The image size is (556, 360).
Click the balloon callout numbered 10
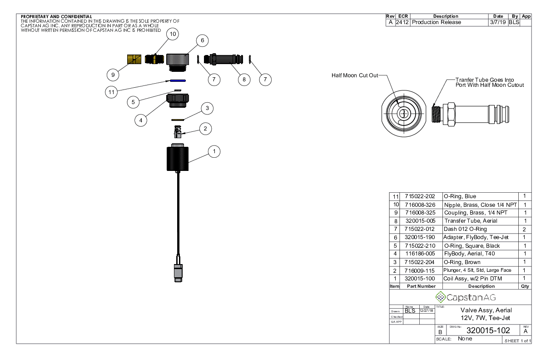pos(173,34)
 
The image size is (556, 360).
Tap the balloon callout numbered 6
pos(202,40)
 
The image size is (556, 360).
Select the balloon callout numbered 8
pos(244,79)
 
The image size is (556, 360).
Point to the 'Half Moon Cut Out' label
pos(355,75)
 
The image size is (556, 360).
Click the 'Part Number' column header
pos(420,286)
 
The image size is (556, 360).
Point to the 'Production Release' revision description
pos(437,22)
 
